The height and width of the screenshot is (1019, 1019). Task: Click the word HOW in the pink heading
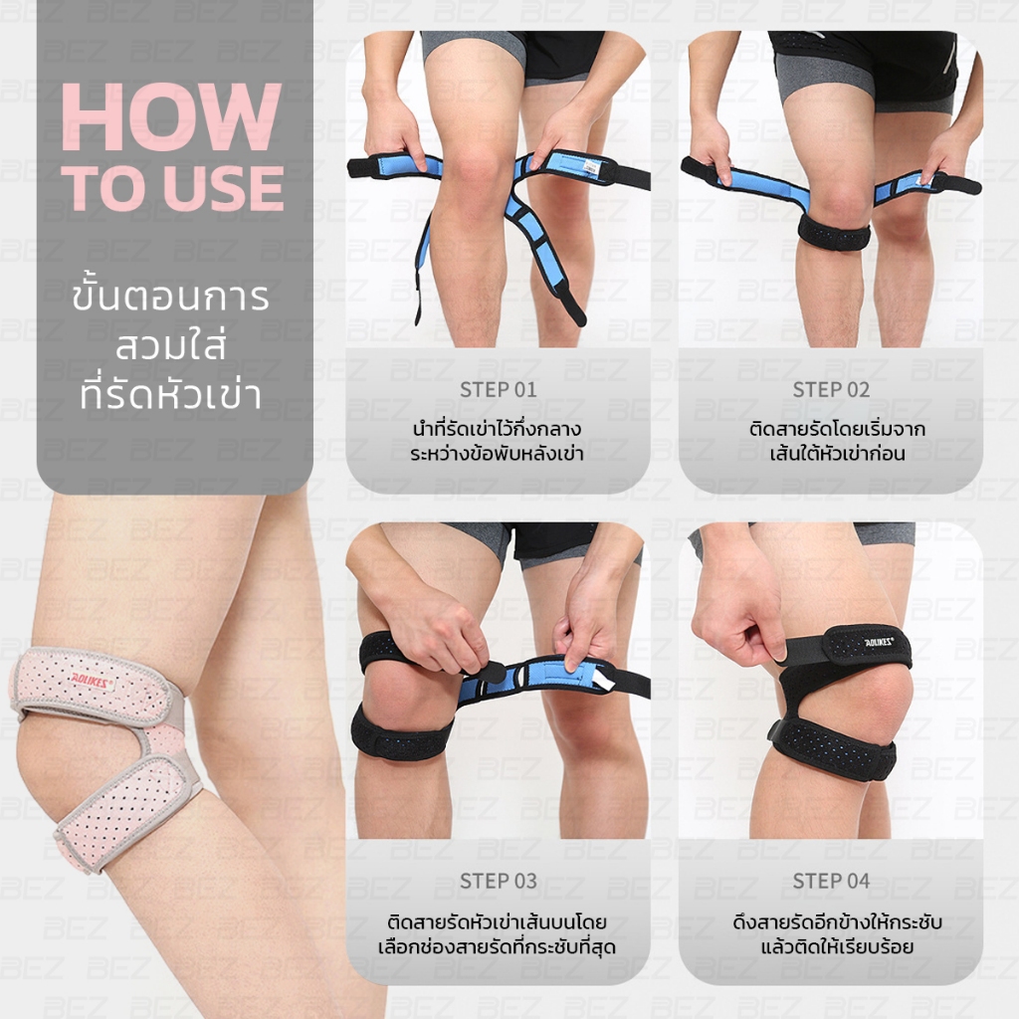point(171,116)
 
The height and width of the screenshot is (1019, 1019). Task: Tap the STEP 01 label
point(499,390)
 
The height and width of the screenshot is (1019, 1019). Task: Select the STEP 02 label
point(831,390)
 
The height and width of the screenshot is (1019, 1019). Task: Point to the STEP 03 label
point(499,882)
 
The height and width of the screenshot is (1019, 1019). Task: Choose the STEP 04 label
point(831,882)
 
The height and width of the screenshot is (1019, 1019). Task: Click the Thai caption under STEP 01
point(498,441)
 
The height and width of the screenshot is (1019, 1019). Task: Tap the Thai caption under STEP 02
point(837,441)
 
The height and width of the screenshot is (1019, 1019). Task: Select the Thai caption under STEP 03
point(498,933)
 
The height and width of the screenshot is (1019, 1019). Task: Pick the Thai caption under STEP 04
point(837,933)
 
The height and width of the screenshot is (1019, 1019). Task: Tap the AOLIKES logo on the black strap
point(879,642)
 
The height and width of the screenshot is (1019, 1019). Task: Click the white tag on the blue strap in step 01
point(591,166)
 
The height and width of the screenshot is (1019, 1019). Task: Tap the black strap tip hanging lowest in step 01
point(574,310)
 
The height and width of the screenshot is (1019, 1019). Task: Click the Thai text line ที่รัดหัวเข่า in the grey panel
point(170,394)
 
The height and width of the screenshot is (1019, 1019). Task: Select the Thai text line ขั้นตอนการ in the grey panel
point(170,299)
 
